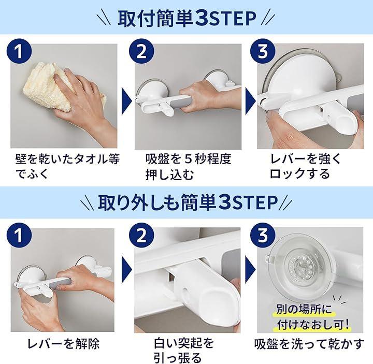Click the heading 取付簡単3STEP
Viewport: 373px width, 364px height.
click(187, 18)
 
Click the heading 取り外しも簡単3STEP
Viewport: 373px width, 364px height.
click(188, 202)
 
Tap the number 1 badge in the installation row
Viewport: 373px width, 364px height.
click(19, 51)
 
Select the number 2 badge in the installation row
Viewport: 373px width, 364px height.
click(141, 51)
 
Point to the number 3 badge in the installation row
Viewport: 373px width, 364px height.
click(263, 51)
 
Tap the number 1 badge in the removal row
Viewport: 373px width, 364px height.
click(19, 236)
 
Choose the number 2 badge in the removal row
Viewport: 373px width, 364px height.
click(141, 236)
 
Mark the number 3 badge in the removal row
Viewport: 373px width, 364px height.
click(263, 236)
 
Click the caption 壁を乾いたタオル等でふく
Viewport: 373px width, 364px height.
click(67, 166)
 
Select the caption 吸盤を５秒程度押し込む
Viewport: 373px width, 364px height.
click(188, 167)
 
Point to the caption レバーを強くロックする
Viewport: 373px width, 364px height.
click(306, 166)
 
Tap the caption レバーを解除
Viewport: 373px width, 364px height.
click(64, 344)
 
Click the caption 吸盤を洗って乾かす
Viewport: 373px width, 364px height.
click(309, 344)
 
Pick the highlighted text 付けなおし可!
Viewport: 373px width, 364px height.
click(313, 324)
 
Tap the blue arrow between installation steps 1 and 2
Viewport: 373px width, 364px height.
click(127, 101)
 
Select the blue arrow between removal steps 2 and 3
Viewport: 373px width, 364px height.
click(251, 269)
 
